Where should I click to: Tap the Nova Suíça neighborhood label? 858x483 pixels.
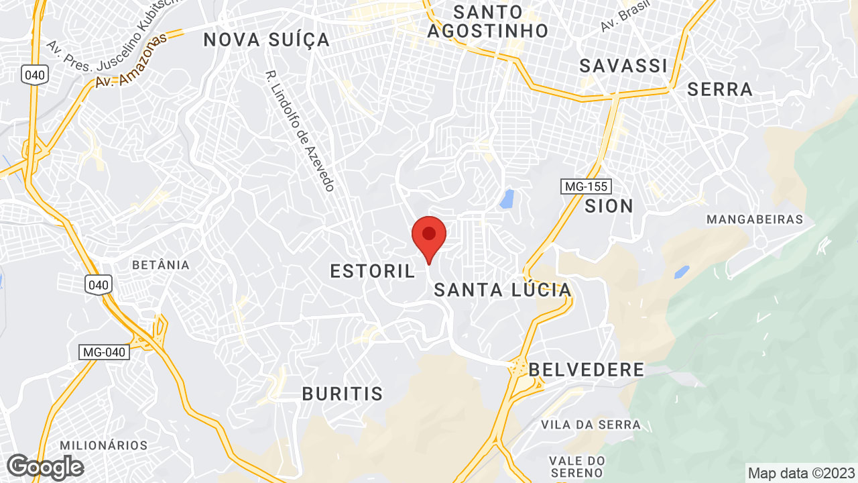pos(267,40)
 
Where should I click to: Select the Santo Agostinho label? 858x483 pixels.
pos(487,21)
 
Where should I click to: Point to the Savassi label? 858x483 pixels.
pos(623,66)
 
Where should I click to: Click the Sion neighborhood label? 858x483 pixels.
pos(609,206)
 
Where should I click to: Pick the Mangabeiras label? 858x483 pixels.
pos(755,219)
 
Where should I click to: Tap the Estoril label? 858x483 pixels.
pos(373,271)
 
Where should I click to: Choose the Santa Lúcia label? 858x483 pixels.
pos(503,290)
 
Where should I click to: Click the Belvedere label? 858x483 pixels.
pos(587,370)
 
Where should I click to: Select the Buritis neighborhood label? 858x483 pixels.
pos(342,394)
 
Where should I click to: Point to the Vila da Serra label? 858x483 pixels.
pos(591,425)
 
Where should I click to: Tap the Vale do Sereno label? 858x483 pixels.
pos(577,467)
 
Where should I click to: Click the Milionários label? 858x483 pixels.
pos(104,445)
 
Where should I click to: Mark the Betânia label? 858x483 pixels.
pos(161,265)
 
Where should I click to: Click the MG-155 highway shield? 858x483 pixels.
pos(586,186)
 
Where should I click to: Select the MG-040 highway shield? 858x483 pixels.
pos(104,352)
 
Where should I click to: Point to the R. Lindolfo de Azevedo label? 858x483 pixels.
pos(300,131)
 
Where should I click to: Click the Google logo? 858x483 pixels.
pos(45,467)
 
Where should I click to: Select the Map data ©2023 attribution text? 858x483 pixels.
pos(801,473)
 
